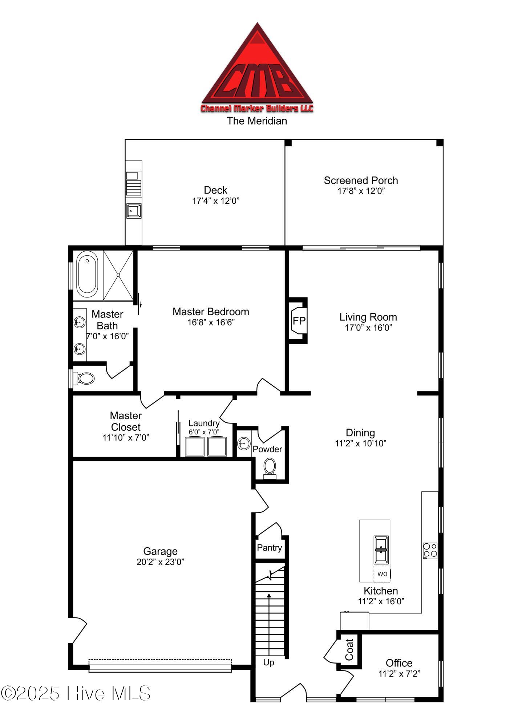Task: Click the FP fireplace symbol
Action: pyautogui.click(x=299, y=321)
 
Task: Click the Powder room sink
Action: pyautogui.click(x=244, y=443)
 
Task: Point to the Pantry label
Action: pyautogui.click(x=270, y=548)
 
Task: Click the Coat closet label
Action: pyautogui.click(x=349, y=650)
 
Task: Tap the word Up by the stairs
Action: pyautogui.click(x=269, y=663)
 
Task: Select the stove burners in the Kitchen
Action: pyautogui.click(x=430, y=551)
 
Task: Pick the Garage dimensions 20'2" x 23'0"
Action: pyautogui.click(x=161, y=562)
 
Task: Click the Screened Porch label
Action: pyautogui.click(x=361, y=181)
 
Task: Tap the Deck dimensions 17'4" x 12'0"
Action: pyautogui.click(x=216, y=201)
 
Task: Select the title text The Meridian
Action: pyautogui.click(x=257, y=121)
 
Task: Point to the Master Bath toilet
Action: pyautogui.click(x=84, y=378)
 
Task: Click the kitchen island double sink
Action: pyautogui.click(x=381, y=549)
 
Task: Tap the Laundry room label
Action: pyautogui.click(x=204, y=423)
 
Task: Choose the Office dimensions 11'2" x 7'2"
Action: pyautogui.click(x=399, y=674)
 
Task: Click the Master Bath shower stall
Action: pyautogui.click(x=118, y=275)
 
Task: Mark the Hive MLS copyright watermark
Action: pyautogui.click(x=76, y=693)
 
